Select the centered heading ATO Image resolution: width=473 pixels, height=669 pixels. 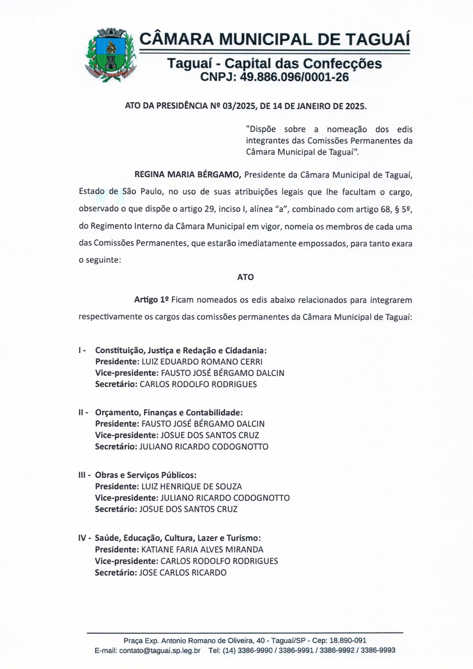[245, 277]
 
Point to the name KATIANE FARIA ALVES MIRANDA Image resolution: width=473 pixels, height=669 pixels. [202, 550]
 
